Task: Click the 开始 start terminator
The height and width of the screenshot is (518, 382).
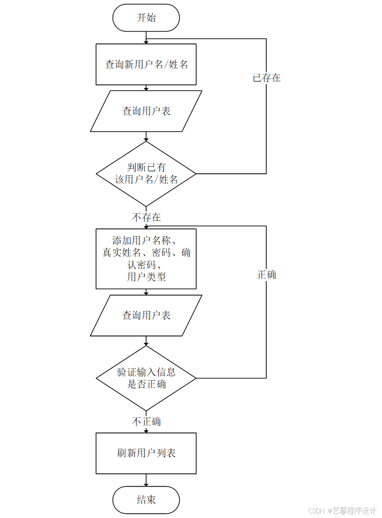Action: coord(146,18)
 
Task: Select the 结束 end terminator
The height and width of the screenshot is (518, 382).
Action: coord(146,500)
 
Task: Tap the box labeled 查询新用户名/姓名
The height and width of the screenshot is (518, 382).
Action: coord(146,64)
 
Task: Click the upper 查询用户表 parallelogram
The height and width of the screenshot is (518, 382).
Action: coord(146,111)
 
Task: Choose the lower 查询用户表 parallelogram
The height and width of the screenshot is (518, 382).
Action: coord(146,315)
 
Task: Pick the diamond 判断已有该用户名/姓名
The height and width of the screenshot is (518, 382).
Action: coord(146,173)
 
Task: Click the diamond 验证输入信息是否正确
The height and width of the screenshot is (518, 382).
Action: coord(146,378)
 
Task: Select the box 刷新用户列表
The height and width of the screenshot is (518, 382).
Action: coord(146,453)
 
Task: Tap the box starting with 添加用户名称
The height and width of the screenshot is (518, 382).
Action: coord(146,259)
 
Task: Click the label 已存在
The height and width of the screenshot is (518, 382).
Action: coord(267,78)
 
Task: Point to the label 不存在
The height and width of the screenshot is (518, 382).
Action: coord(146,217)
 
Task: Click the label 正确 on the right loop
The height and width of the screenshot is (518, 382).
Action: coord(267,274)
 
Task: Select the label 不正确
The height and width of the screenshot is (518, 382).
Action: coord(146,421)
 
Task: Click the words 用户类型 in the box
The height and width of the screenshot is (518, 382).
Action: coord(146,277)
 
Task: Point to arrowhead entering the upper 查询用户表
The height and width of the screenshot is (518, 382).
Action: coord(146,88)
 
